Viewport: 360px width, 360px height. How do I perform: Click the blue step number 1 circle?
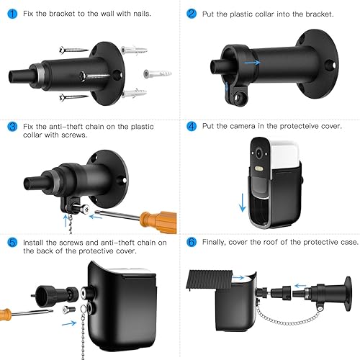point(12,14)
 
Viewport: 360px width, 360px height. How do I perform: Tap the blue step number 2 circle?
point(192,14)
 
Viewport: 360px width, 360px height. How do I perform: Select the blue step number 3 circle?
point(12,127)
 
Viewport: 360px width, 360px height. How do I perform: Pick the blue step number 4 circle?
point(192,126)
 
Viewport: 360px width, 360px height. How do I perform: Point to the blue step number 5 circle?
point(12,243)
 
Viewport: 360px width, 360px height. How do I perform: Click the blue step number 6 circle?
point(192,242)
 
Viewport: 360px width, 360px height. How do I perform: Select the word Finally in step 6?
point(214,243)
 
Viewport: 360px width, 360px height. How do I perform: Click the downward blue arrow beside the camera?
point(243,202)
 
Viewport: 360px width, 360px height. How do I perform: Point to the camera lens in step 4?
point(258,153)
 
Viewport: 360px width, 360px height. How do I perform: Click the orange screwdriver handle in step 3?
point(158,221)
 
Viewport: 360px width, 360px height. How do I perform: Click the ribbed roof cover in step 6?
point(210,280)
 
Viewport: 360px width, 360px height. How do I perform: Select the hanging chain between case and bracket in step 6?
point(288,318)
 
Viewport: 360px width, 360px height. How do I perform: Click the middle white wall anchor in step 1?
point(158,73)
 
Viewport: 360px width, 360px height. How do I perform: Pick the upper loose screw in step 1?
point(73,50)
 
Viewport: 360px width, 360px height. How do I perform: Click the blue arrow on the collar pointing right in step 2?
point(252,63)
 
